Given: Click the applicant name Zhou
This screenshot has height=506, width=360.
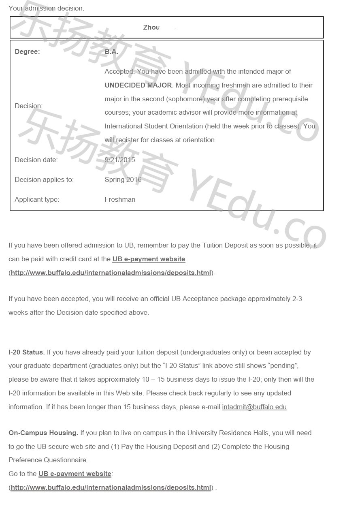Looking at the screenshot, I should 151,28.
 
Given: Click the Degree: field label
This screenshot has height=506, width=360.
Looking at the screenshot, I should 27,52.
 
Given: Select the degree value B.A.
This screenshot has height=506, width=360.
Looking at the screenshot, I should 111,52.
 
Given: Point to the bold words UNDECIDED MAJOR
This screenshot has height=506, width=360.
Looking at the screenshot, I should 138,85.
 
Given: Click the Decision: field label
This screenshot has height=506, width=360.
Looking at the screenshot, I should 28,106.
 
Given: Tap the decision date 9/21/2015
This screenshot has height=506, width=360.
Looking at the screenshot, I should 120,160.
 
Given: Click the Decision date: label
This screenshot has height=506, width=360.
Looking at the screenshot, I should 36,160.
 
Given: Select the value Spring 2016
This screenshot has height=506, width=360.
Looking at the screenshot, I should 123,180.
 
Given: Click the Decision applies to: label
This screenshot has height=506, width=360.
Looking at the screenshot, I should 44,180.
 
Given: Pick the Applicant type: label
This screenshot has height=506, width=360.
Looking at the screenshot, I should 37,200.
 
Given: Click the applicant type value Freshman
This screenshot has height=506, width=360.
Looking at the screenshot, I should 120,200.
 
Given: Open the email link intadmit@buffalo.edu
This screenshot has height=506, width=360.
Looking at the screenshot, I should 254,407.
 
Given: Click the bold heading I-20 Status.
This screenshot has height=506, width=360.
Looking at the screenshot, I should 26,352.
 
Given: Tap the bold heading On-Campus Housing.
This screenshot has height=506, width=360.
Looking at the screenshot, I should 43,433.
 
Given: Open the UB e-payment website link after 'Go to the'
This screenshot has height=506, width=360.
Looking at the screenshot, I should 75,474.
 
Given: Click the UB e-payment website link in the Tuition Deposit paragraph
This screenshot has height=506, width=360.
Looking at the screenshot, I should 149,259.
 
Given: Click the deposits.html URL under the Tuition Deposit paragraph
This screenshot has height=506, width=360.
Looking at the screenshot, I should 111,273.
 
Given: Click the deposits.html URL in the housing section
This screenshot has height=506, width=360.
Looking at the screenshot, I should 111,488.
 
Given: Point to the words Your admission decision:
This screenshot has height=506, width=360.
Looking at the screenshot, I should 46,8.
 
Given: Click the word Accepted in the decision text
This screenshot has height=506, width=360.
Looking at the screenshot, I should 119,72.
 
